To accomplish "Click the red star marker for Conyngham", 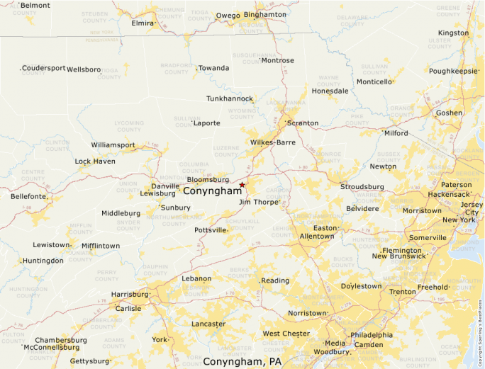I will pyautogui.click(x=242, y=185).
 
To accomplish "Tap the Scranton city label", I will pyautogui.click(x=303, y=123).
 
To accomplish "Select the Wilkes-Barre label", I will pyautogui.click(x=273, y=142).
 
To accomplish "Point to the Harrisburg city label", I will pyautogui.click(x=129, y=294).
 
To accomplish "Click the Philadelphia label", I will pyautogui.click(x=372, y=335).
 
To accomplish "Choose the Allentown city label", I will pyautogui.click(x=316, y=237).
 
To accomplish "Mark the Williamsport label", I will pyautogui.click(x=113, y=145).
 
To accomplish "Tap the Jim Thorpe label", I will pyautogui.click(x=259, y=203).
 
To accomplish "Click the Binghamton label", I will pyautogui.click(x=264, y=14).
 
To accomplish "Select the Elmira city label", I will pyautogui.click(x=143, y=23).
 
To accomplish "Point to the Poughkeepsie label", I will pyautogui.click(x=453, y=72).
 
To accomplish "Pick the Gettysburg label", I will pyautogui.click(x=90, y=361).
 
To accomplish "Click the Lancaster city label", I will pyautogui.click(x=208, y=324).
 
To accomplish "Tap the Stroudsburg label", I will pyautogui.click(x=362, y=187).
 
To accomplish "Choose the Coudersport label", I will pyautogui.click(x=43, y=69).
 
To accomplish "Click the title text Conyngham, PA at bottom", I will pyautogui.click(x=242, y=362).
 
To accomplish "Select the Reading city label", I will pyautogui.click(x=276, y=281).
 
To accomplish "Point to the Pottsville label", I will pyautogui.click(x=210, y=231).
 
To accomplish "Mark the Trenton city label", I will pyautogui.click(x=403, y=292).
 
